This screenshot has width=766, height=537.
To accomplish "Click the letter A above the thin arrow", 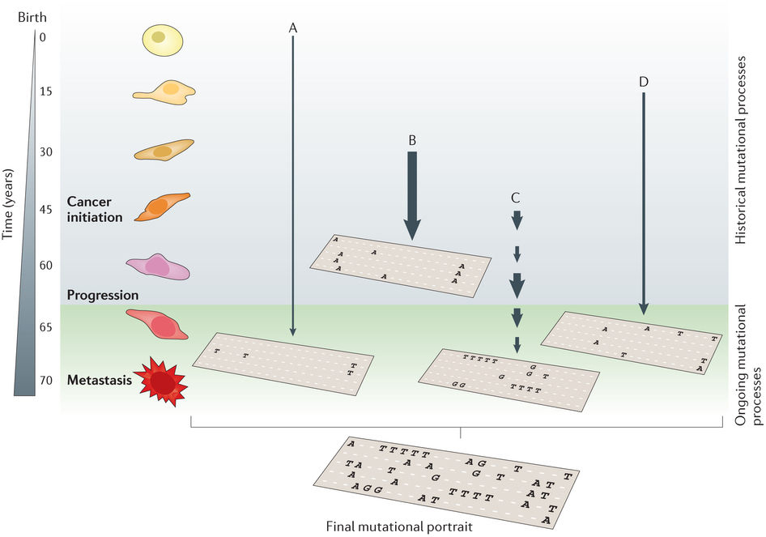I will pos(293,28).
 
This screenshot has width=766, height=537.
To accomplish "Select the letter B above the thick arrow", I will pos(412,139).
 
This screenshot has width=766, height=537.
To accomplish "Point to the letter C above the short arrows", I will pos(516,197).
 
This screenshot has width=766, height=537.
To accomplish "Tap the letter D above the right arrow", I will pos(643,82).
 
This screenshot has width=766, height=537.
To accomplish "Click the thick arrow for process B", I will pos(412,194).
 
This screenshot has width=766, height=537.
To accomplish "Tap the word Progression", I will pos(103,295).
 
